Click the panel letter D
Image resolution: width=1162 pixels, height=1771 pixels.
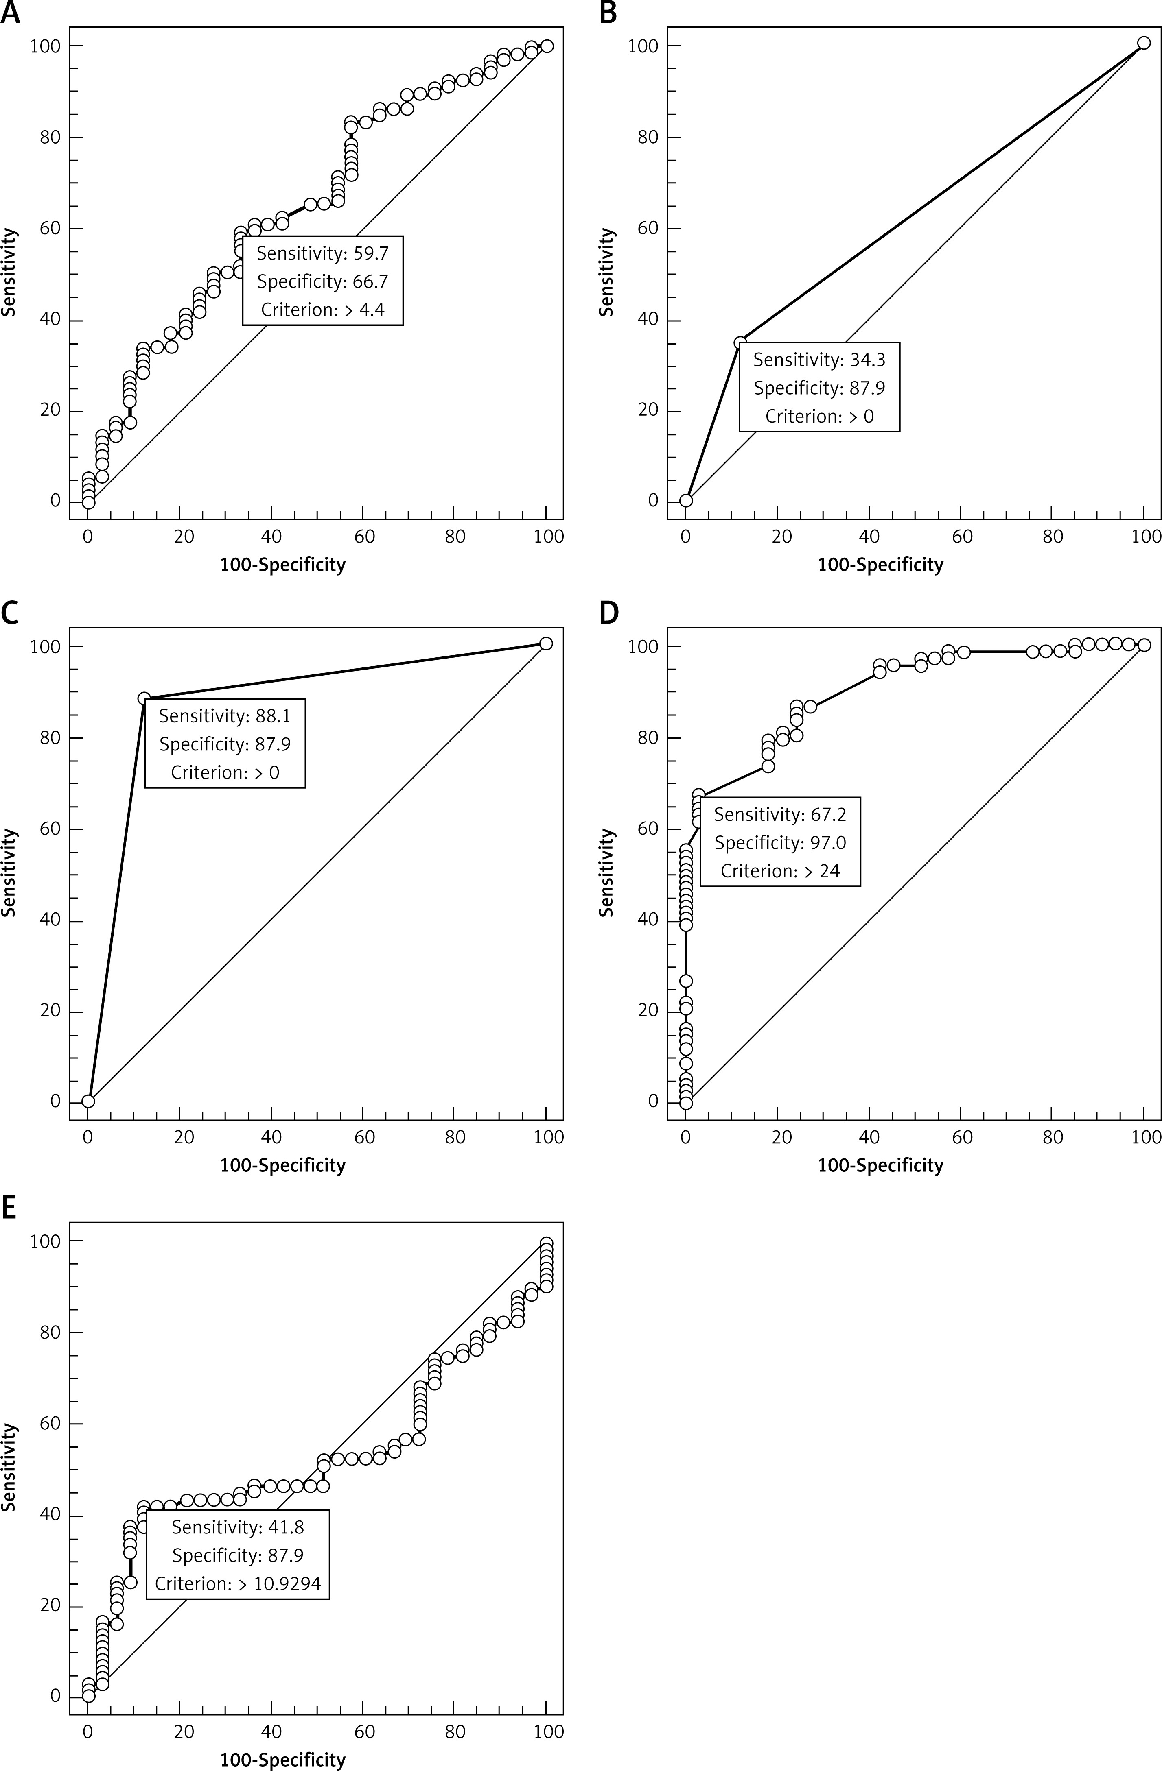pos(608,613)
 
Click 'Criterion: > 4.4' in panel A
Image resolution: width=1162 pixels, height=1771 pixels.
pos(322,310)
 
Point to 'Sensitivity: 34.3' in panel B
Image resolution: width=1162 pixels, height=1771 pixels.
pos(819,360)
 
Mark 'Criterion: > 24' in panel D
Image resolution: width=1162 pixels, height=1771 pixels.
pos(780,870)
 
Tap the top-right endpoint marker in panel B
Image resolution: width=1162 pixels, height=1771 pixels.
pos(1143,43)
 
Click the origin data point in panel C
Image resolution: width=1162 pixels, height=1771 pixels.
pos(88,1101)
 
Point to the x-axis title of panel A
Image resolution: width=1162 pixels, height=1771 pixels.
pos(283,565)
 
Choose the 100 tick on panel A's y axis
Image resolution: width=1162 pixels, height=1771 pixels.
pos(45,46)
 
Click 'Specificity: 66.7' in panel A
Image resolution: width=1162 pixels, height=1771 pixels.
pos(322,281)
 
